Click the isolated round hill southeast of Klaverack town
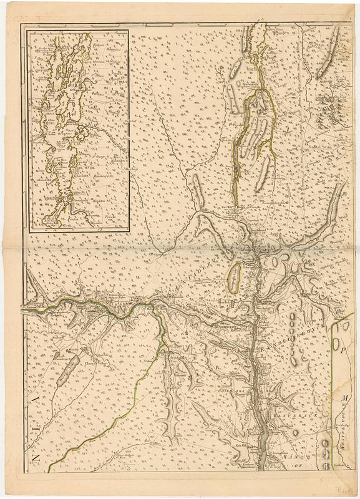[305, 430]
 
